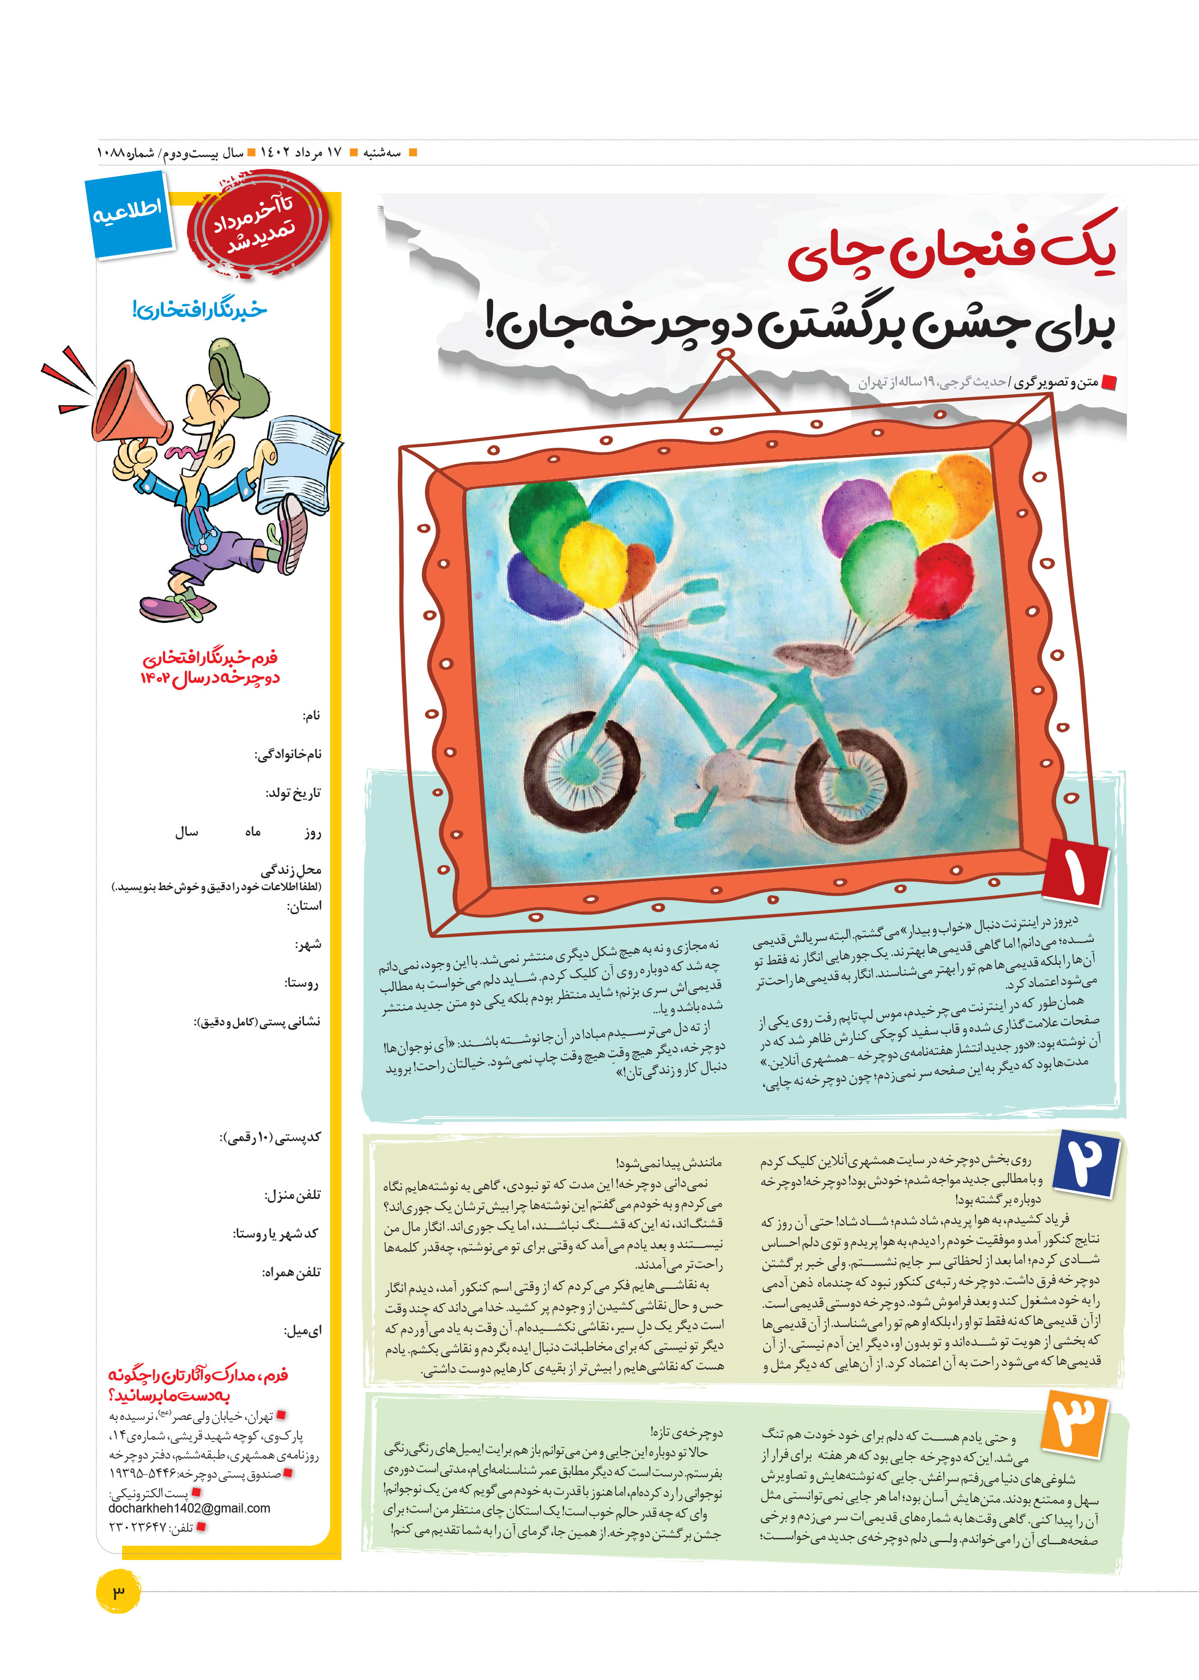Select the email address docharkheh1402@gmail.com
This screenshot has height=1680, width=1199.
pos(189,1508)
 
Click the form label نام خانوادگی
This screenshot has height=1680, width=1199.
pos(287,754)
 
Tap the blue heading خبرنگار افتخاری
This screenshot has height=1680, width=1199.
pos(199,310)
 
